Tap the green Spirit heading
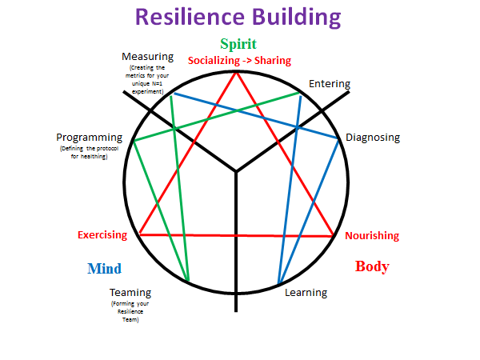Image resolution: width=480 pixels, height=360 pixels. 238,44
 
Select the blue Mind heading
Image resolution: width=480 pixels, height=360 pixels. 104,269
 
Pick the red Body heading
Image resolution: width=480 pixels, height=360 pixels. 372,267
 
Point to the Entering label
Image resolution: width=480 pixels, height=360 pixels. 329,84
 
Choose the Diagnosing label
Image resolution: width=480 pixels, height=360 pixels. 372,137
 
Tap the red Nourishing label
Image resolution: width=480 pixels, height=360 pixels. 372,236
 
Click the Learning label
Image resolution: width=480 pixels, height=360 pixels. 306,292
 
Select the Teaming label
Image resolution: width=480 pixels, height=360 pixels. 130,292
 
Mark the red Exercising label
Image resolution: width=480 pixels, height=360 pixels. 102,235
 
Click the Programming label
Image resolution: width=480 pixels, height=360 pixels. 89,138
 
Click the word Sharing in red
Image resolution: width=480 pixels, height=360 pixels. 272,61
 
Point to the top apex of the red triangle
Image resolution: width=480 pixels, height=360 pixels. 237,72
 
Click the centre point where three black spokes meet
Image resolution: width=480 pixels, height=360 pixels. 236,171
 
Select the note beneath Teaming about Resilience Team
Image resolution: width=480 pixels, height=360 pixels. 130,312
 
